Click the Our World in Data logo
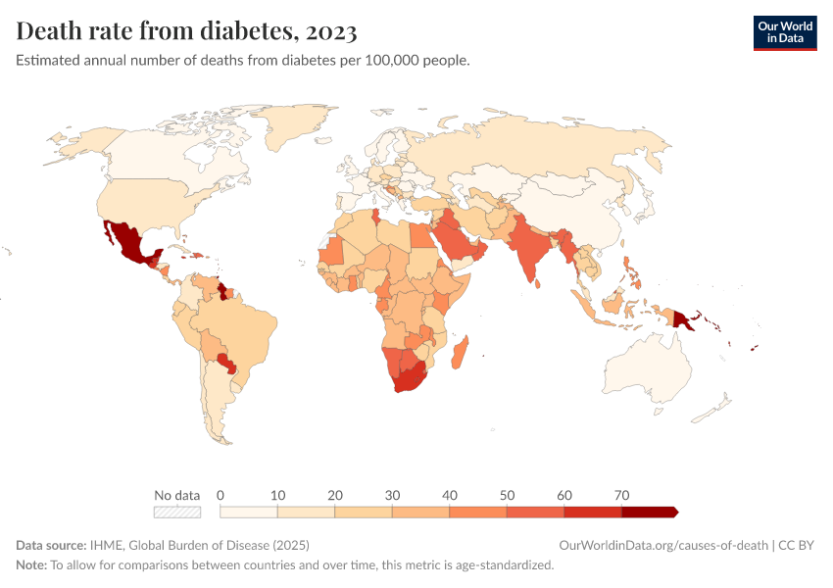[x=784, y=32]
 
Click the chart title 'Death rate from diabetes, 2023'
[x=186, y=31]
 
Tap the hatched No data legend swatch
[x=176, y=512]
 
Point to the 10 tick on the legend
[x=277, y=495]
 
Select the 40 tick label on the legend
[x=449, y=495]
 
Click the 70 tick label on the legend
[x=621, y=495]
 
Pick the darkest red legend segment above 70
[x=649, y=512]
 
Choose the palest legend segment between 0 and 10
[x=249, y=512]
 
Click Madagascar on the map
[x=461, y=353]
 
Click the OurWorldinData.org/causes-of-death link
[x=662, y=546]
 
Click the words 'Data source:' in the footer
[x=50, y=546]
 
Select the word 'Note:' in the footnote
[x=31, y=565]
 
